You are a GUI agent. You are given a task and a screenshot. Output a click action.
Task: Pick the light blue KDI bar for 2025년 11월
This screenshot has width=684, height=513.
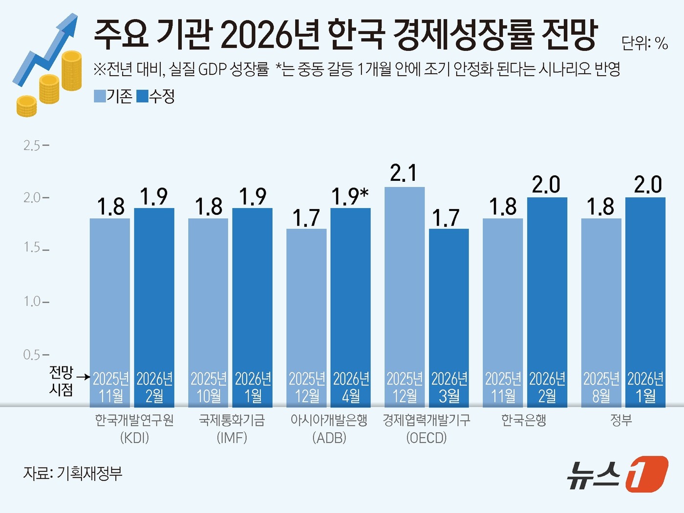click(x=110, y=293)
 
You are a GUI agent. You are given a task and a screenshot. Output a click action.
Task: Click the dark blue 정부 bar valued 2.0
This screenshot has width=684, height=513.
click(x=645, y=283)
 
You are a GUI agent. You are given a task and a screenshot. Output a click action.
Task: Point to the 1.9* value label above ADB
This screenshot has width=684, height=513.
click(x=350, y=196)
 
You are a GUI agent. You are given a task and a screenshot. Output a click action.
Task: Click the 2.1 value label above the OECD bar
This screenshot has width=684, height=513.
click(x=404, y=173)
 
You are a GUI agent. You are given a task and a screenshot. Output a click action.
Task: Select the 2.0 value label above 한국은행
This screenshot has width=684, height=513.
click(x=546, y=185)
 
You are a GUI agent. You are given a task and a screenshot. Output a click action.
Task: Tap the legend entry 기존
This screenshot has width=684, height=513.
click(x=113, y=96)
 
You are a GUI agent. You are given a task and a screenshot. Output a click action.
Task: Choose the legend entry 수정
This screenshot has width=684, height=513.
click(x=156, y=96)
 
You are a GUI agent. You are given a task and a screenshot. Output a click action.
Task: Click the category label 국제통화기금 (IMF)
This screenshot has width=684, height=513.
click(x=232, y=428)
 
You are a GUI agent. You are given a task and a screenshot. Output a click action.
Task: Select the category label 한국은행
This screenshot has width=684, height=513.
click(x=524, y=420)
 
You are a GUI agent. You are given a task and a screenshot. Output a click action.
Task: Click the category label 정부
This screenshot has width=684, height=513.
click(x=621, y=420)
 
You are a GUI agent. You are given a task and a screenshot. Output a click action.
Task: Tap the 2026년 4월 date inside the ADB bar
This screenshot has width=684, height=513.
click(x=351, y=387)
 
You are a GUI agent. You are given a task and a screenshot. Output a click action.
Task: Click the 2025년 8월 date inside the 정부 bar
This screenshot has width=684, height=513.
click(x=601, y=387)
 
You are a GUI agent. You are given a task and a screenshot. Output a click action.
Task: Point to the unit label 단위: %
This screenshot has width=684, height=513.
click(x=644, y=43)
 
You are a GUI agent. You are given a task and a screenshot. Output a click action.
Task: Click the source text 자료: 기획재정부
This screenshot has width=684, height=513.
click(x=73, y=473)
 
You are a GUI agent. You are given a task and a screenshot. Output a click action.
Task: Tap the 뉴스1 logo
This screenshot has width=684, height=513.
click(x=617, y=474)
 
